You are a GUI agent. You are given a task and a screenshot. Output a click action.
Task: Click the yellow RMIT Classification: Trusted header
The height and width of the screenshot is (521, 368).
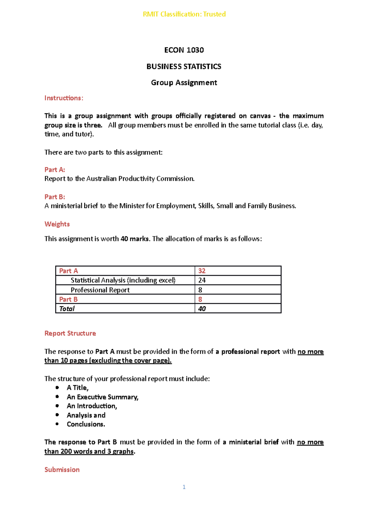click(184, 14)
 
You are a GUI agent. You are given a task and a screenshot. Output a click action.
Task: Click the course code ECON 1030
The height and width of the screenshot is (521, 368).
click(184, 50)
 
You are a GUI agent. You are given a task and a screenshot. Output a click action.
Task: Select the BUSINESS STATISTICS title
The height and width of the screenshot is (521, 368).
click(184, 67)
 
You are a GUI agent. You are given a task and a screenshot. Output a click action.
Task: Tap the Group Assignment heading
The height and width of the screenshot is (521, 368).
click(184, 83)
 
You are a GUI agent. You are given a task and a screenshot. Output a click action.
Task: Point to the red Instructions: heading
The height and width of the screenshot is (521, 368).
click(64, 98)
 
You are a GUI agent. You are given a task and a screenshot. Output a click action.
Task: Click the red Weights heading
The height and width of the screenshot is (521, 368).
click(57, 224)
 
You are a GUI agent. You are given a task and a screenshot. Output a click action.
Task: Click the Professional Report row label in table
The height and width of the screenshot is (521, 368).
click(100, 290)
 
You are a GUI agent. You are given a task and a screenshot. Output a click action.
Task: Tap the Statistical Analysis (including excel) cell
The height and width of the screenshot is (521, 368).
click(123, 280)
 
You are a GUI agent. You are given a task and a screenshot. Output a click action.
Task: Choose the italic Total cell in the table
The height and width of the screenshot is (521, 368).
click(67, 309)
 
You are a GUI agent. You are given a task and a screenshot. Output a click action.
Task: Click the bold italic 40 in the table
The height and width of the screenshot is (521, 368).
click(202, 309)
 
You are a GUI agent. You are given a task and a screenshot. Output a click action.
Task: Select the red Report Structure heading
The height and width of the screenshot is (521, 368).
click(70, 333)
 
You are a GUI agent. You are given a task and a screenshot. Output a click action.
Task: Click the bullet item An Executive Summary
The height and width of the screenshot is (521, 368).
click(102, 397)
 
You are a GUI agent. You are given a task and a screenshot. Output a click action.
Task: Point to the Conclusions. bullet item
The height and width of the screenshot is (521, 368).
click(86, 424)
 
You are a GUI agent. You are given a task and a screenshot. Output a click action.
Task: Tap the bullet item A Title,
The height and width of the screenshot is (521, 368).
click(78, 388)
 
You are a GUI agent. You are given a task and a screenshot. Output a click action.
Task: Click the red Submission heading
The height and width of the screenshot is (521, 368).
click(62, 469)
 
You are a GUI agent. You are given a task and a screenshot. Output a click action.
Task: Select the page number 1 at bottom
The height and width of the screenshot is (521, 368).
click(184, 487)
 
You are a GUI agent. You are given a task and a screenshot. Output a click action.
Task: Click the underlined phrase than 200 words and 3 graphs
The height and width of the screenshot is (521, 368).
click(89, 451)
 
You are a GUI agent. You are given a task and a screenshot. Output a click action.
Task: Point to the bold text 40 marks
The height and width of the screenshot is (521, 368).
click(135, 239)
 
